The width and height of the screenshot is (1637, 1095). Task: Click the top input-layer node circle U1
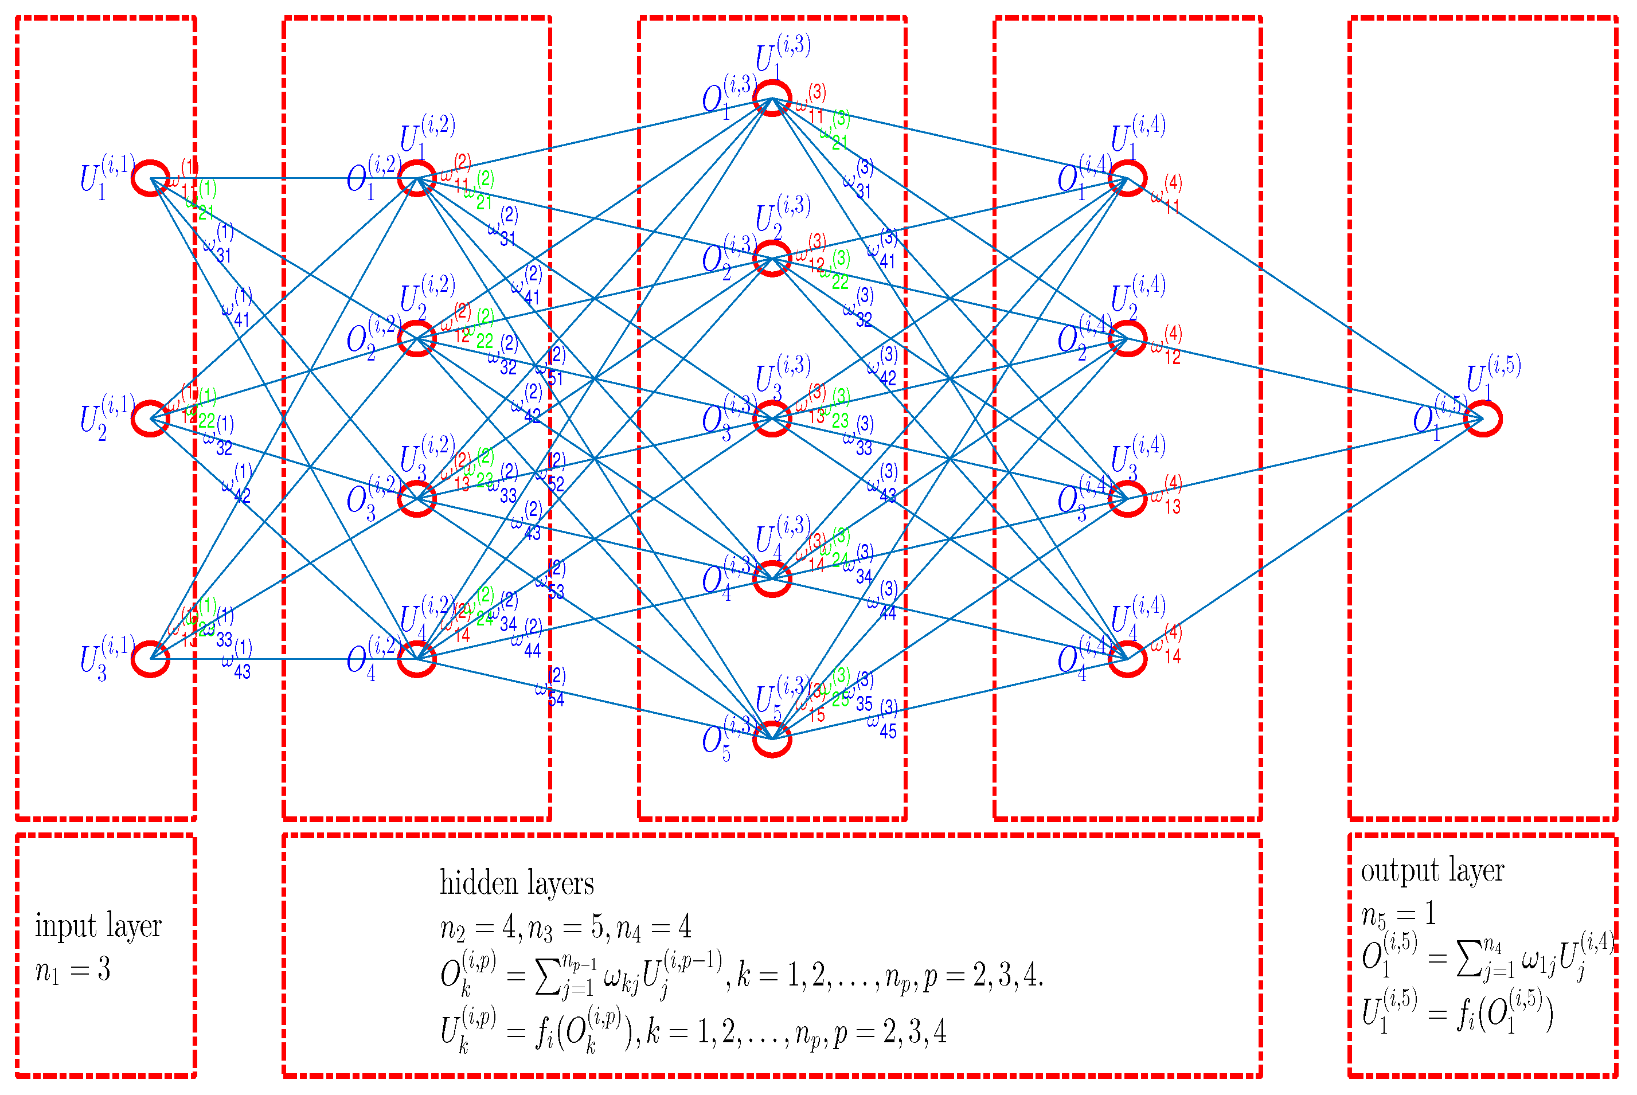click(x=151, y=178)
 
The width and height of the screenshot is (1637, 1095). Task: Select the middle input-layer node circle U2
click(x=151, y=419)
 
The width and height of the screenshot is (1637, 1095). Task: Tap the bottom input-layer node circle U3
click(x=151, y=659)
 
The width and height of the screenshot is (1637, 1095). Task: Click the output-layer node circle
click(x=1483, y=419)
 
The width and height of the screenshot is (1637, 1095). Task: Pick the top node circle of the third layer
click(x=772, y=98)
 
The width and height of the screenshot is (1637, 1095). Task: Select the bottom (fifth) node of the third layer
click(x=772, y=738)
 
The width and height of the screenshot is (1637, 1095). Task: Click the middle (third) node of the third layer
click(x=772, y=419)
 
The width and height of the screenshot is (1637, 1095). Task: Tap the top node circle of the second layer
click(x=417, y=178)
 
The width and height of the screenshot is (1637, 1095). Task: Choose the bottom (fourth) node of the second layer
click(x=417, y=659)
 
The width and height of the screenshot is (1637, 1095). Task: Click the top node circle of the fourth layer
click(x=1127, y=178)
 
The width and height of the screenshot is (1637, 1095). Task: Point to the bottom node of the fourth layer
click(x=1127, y=659)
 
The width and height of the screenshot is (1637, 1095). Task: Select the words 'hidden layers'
click(x=516, y=883)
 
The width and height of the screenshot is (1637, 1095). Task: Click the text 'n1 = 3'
click(x=73, y=970)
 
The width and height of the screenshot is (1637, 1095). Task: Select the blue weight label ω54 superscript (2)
click(x=550, y=688)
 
